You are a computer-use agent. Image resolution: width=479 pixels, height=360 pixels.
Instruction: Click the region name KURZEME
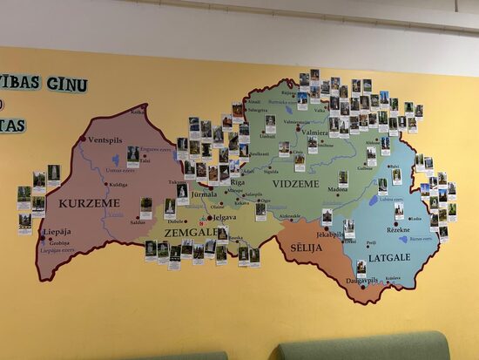[89, 203]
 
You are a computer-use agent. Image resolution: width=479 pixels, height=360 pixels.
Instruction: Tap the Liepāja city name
[57, 232]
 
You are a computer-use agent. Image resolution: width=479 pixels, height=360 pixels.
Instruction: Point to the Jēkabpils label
[330, 234]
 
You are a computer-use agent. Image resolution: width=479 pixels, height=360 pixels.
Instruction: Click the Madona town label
[338, 188]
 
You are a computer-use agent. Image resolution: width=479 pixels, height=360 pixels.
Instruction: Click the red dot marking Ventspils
[84, 139]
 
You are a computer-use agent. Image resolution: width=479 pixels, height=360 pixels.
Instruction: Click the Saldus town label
[138, 222]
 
